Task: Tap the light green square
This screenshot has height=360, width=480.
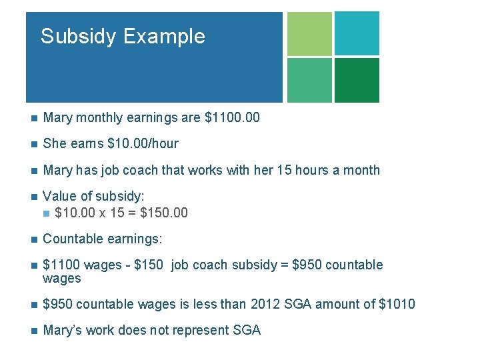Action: tap(309, 33)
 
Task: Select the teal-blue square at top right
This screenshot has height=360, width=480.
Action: tap(357, 33)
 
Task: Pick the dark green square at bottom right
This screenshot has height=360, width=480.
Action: tap(357, 80)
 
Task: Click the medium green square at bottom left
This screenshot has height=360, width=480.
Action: tap(309, 80)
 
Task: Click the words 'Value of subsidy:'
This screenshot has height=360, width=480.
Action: tap(93, 196)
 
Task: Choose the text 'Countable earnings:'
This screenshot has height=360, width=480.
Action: tap(102, 239)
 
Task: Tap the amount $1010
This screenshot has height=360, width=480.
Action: tap(397, 305)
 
